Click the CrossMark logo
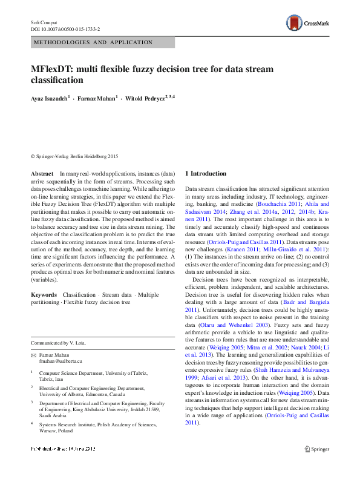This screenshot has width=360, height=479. click(308, 23)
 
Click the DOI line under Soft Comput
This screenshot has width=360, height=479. click(65, 29)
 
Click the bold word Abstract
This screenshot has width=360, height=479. click(42, 174)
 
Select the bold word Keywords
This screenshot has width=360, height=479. click(44, 294)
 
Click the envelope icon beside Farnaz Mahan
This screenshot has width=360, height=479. click(34, 355)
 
